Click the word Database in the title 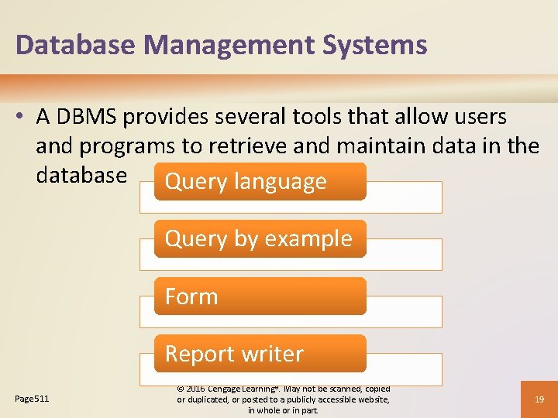click(64, 44)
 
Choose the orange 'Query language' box click(260, 182)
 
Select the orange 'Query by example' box click(260, 239)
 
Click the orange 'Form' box click(260, 296)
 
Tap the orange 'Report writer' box click(260, 354)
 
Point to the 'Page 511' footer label click(32, 399)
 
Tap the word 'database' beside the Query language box click(81, 175)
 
